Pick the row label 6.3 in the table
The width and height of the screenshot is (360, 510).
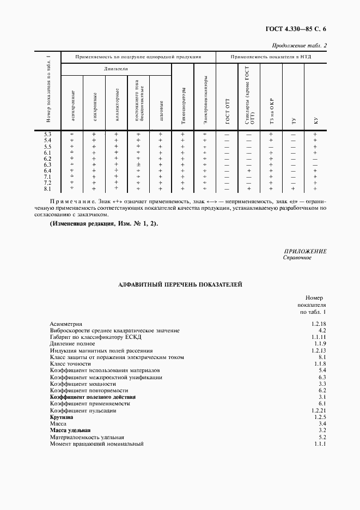47,165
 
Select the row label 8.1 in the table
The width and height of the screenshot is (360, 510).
47,189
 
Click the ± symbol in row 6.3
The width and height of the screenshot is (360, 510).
138,165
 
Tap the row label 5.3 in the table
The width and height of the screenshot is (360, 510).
47,134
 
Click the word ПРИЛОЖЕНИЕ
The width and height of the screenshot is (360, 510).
305,251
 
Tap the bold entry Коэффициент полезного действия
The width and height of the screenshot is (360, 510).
93,397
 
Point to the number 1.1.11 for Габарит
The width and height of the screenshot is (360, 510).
319,337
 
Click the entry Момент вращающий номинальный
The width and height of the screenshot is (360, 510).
96,444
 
